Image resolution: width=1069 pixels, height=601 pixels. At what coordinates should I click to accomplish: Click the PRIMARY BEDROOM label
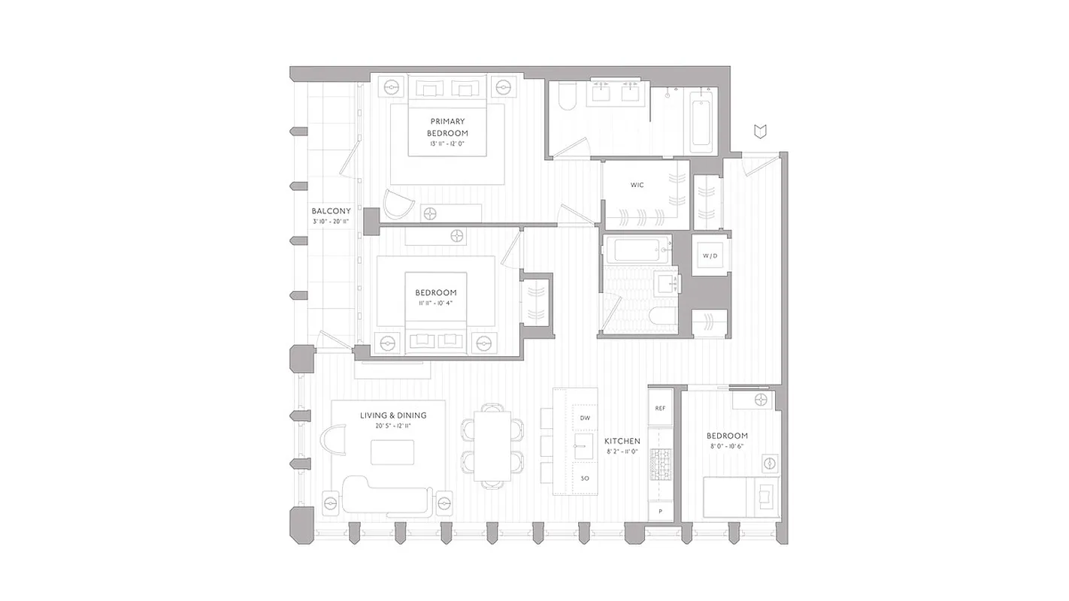[x=447, y=127]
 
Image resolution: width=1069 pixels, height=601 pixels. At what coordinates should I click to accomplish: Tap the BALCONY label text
[x=331, y=211]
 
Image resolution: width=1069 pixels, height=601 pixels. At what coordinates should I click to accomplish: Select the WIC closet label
[x=637, y=185]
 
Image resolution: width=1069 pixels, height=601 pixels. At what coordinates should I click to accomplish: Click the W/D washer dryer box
[x=710, y=256]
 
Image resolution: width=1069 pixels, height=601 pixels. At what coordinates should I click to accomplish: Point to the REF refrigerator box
[x=660, y=409]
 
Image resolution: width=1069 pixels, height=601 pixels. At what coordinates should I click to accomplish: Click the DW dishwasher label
[x=584, y=418]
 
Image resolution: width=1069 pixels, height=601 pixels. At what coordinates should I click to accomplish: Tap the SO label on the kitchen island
[x=584, y=479]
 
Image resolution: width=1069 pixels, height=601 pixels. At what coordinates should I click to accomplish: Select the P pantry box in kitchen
[x=660, y=511]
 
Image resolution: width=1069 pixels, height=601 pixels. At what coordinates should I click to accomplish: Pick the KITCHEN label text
[x=622, y=441]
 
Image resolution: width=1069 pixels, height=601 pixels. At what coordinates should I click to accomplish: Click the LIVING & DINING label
[x=392, y=415]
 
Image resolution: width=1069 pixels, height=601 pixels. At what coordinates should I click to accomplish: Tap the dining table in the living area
[x=492, y=445]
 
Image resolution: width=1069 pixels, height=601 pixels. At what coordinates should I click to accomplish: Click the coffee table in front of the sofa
[x=392, y=452]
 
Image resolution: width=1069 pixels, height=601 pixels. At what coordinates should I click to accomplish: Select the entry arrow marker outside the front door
[x=761, y=132]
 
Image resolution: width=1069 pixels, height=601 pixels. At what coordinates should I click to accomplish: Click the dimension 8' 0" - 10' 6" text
[x=726, y=446]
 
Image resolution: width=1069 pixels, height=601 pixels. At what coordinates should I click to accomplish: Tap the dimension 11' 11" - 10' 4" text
[x=435, y=304]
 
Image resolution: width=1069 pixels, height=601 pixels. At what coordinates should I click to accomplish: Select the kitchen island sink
[x=583, y=445]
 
